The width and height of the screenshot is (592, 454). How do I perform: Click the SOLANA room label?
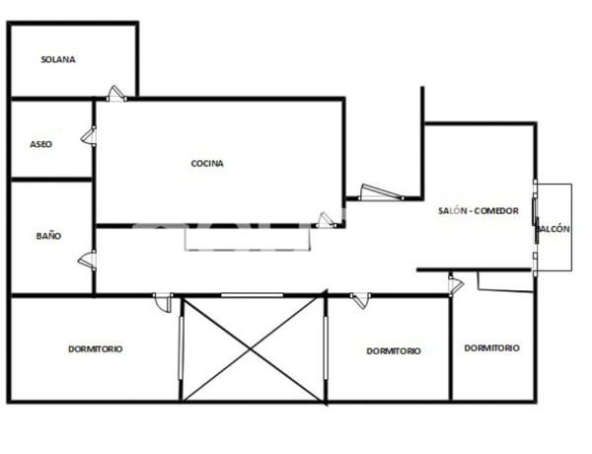click(58, 59)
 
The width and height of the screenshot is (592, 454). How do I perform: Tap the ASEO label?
click(40, 144)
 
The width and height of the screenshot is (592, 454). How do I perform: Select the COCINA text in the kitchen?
click(207, 164)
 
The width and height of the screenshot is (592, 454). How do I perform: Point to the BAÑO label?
click(48, 236)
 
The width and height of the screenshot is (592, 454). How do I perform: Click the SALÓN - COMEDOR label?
click(479, 210)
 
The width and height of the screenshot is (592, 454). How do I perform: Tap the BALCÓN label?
click(555, 229)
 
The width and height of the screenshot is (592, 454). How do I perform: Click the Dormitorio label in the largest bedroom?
click(96, 348)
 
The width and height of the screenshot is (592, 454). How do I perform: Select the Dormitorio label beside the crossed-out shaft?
click(394, 350)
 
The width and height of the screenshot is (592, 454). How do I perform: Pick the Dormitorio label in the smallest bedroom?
click(491, 347)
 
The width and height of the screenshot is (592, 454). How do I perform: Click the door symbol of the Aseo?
click(89, 135)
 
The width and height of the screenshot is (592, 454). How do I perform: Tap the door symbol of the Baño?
click(88, 260)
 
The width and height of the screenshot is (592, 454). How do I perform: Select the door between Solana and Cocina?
click(116, 94)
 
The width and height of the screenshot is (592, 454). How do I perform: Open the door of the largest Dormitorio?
click(163, 301)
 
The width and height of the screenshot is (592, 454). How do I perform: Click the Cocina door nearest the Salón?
click(325, 220)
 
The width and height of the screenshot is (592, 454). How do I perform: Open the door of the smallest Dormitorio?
click(455, 285)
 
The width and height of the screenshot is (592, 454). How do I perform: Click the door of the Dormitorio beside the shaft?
click(360, 300)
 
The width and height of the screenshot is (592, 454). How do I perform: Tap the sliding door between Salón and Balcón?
click(535, 226)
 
